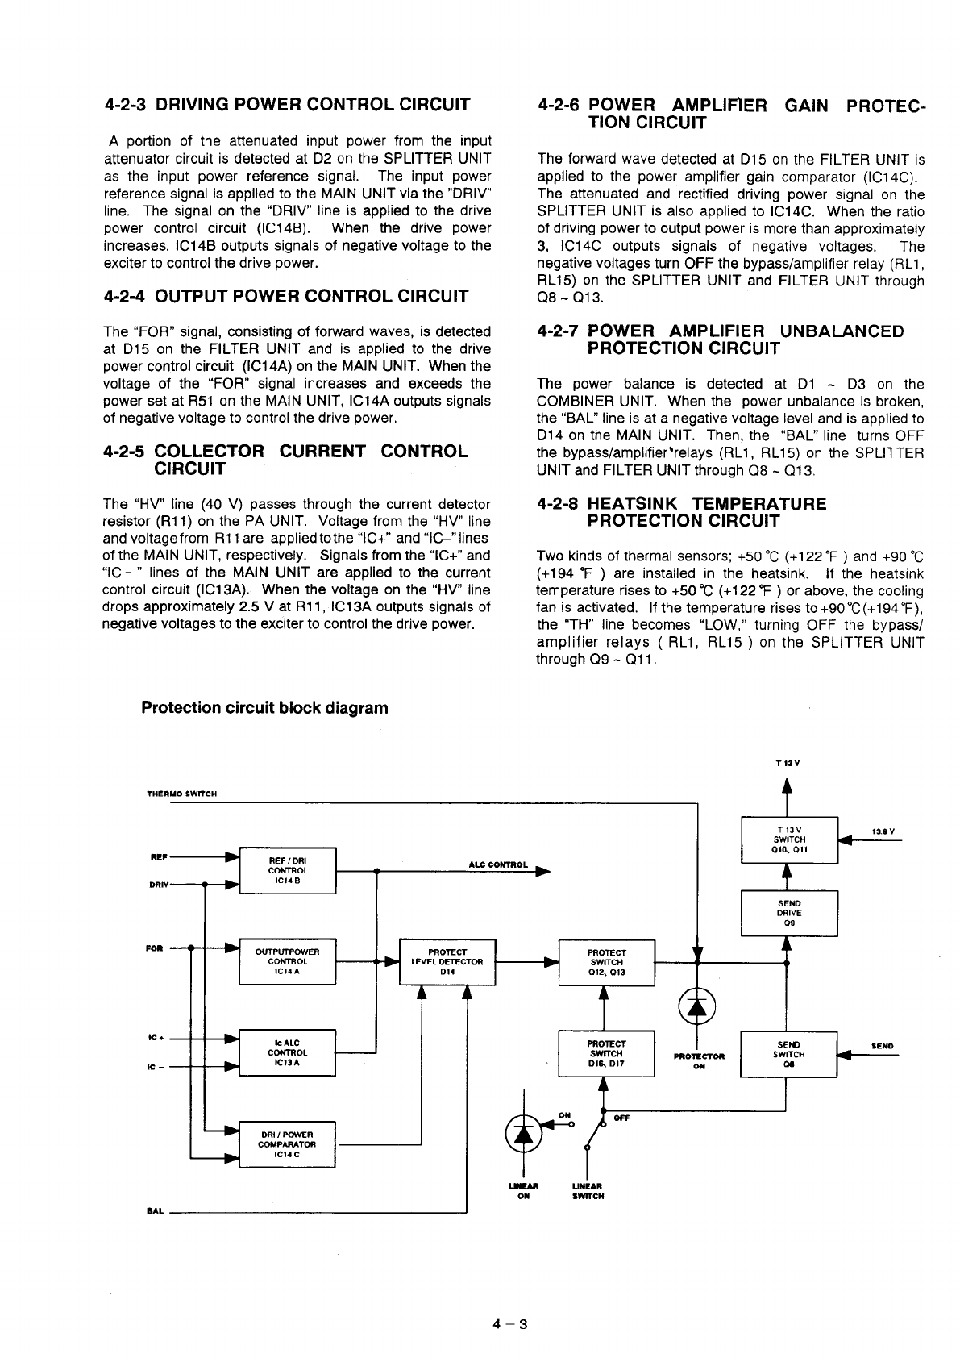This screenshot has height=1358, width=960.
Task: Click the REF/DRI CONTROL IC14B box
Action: tap(288, 871)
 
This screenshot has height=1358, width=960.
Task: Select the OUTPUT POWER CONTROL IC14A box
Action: tap(288, 961)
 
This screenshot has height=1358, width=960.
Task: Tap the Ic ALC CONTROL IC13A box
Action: tap(288, 1052)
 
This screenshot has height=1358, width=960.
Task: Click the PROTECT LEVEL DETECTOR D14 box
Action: tap(447, 961)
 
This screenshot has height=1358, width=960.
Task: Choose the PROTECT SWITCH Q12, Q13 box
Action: tap(607, 962)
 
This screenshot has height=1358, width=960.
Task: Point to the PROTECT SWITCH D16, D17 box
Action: tap(607, 1053)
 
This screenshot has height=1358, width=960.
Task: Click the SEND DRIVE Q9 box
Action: tap(789, 913)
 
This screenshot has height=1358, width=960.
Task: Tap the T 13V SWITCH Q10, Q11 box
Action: tap(789, 839)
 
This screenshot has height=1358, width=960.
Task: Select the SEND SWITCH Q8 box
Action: tap(789, 1053)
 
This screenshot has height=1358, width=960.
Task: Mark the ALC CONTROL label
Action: tap(498, 865)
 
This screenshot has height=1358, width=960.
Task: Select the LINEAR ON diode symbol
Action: tap(523, 1134)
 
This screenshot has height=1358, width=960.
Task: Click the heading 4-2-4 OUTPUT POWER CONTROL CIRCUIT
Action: tap(286, 297)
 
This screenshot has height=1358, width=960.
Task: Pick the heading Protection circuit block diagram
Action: tap(264, 708)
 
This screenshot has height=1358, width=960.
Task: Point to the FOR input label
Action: tap(154, 948)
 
